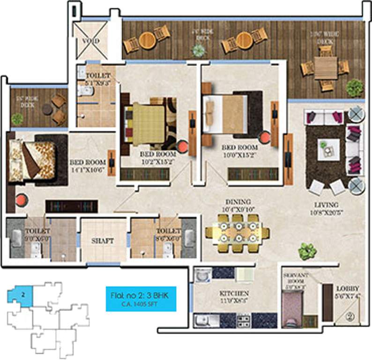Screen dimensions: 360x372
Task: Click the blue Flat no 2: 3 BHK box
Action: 141,299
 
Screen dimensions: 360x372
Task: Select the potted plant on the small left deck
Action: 17,119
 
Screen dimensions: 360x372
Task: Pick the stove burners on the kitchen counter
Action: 244,320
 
